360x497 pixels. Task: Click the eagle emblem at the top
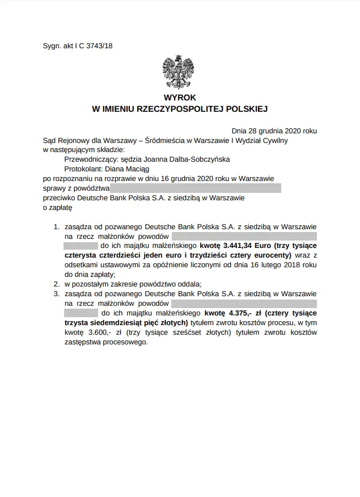pyautogui.click(x=180, y=70)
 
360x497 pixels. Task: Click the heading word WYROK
pyautogui.click(x=180, y=98)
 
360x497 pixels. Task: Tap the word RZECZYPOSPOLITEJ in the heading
pyautogui.click(x=196, y=108)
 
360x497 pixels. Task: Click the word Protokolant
pyautogui.click(x=84, y=169)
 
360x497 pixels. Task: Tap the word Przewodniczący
pyautogui.click(x=88, y=159)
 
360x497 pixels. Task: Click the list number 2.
pyautogui.click(x=56, y=284)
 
